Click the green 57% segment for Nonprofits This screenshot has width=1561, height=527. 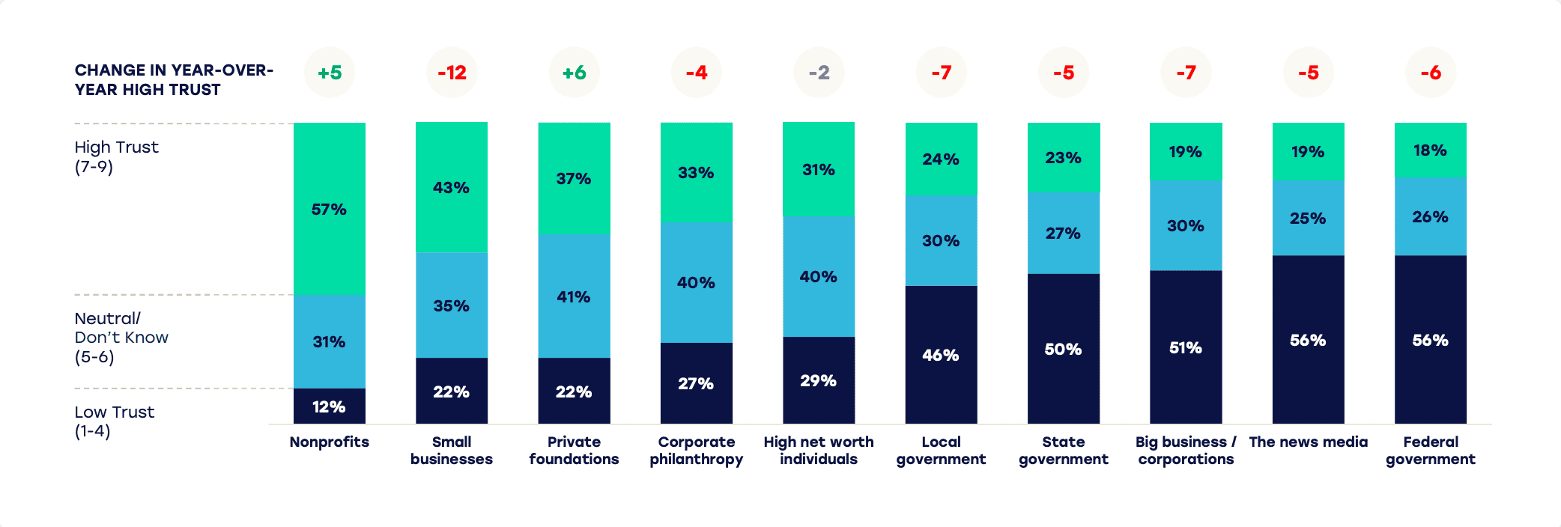click(x=329, y=208)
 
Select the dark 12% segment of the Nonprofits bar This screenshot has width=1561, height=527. click(x=329, y=406)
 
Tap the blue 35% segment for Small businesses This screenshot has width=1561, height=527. click(x=451, y=305)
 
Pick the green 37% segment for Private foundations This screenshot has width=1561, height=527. click(x=574, y=178)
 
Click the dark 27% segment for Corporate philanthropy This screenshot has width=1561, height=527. click(x=696, y=383)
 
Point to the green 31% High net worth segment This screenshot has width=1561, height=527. click(x=818, y=169)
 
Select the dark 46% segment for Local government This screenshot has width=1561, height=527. click(x=941, y=354)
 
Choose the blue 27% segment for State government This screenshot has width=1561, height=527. click(x=1063, y=233)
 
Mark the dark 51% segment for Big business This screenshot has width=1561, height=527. click(x=1185, y=347)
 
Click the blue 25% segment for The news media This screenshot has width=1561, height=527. click(x=1308, y=218)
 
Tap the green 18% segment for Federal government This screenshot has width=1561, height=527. click(x=1430, y=150)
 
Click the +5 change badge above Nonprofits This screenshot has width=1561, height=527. click(x=330, y=73)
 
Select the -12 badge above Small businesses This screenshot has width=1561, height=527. click(x=452, y=73)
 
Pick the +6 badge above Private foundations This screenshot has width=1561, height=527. click(x=575, y=73)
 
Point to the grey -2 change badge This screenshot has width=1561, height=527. click(x=819, y=73)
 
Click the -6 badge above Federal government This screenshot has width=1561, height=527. click(x=1431, y=73)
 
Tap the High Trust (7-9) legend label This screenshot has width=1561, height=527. click(x=116, y=156)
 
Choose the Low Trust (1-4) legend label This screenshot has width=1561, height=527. click(x=114, y=421)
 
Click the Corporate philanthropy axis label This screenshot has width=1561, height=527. click(x=696, y=451)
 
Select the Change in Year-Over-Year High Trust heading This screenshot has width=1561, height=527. click(x=174, y=79)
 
